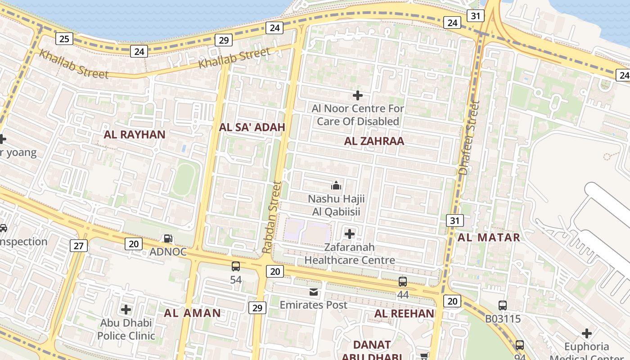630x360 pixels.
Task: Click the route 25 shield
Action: (64, 39)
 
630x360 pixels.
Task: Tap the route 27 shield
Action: (79, 246)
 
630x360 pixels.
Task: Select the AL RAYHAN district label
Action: (135, 135)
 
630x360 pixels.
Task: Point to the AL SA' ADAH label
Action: (252, 127)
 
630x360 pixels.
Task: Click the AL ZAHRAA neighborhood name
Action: (374, 141)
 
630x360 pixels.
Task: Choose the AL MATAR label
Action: (489, 238)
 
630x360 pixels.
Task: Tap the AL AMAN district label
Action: (192, 313)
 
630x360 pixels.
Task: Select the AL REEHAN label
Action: (405, 314)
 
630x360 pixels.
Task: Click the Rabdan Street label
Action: (271, 217)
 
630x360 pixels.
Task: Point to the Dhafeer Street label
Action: (469, 138)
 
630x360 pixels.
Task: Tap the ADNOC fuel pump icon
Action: (168, 239)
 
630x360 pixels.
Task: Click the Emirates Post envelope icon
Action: (314, 292)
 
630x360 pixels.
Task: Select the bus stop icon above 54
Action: (236, 266)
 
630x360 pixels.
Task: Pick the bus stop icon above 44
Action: (403, 282)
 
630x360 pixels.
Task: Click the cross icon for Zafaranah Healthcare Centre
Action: (350, 234)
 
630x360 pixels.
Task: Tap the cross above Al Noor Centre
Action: (358, 95)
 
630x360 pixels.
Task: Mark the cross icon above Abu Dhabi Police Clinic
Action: (126, 310)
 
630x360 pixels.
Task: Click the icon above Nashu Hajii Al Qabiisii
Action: (336, 185)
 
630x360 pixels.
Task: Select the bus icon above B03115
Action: (503, 306)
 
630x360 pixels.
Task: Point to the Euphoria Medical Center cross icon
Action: (586, 333)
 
